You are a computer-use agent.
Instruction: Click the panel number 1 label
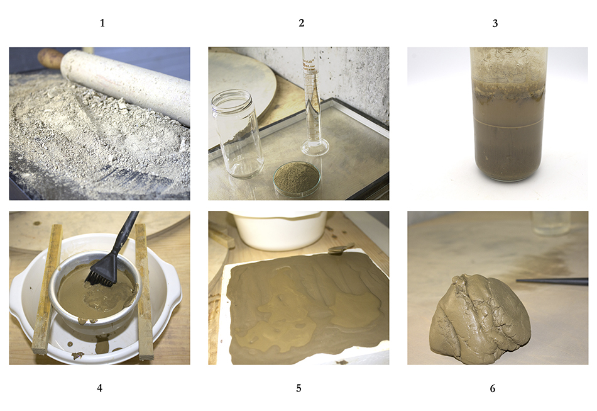pyautogui.click(x=102, y=23)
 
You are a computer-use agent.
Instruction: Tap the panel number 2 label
pyautogui.click(x=301, y=23)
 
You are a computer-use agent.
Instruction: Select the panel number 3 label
pyautogui.click(x=495, y=24)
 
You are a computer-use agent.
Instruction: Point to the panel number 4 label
pyautogui.click(x=100, y=388)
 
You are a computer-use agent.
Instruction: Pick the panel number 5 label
pyautogui.click(x=298, y=388)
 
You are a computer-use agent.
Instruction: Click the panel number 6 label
pyautogui.click(x=492, y=388)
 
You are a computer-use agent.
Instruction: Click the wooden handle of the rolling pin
pyautogui.click(x=50, y=57)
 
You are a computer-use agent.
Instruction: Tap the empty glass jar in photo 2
pyautogui.click(x=237, y=133)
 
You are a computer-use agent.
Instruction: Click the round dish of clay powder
pyautogui.click(x=297, y=179)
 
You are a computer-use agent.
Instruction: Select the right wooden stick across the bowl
pyautogui.click(x=144, y=291)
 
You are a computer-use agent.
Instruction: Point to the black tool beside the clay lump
pyautogui.click(x=552, y=281)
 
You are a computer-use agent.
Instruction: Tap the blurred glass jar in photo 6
pyautogui.click(x=551, y=223)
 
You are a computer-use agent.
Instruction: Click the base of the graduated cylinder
pyautogui.click(x=315, y=147)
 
